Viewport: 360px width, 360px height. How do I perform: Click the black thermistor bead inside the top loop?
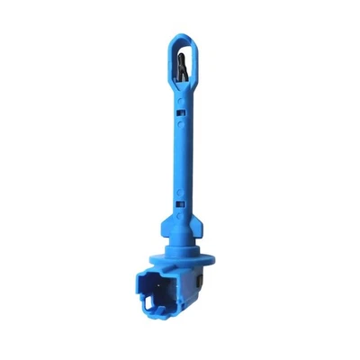click(x=182, y=67)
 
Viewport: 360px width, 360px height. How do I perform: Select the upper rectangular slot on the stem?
click(x=183, y=112)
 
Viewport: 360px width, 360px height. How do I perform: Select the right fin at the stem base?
click(x=199, y=224)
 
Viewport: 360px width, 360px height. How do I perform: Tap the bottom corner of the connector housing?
click(x=175, y=322)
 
